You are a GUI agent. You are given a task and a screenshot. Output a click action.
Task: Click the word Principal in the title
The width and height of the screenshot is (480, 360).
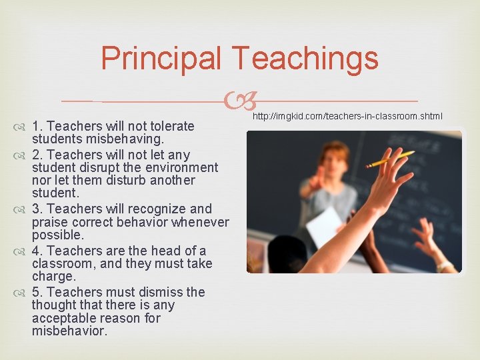click(161, 59)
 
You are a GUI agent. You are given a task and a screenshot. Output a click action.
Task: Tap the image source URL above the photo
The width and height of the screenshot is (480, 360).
click(347, 117)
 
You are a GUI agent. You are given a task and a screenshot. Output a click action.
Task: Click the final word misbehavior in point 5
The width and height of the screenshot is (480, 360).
click(69, 331)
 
